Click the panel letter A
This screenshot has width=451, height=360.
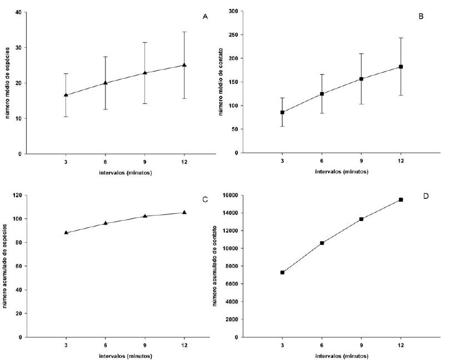[x=205, y=16]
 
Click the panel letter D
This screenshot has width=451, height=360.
[x=426, y=197]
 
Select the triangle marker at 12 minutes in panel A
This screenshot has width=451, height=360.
[x=184, y=65]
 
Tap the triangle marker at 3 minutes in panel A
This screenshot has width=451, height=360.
[x=66, y=95]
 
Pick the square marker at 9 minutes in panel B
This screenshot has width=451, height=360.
[x=362, y=79]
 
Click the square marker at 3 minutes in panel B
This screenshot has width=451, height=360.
[x=282, y=112]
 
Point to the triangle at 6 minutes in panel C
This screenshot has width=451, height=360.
[x=106, y=223]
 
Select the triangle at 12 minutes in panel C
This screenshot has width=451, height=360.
[x=184, y=212]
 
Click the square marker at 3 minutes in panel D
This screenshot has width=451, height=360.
[x=282, y=272]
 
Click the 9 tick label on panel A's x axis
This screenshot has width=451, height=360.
[x=145, y=162]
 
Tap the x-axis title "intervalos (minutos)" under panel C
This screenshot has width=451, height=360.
[x=125, y=356]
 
